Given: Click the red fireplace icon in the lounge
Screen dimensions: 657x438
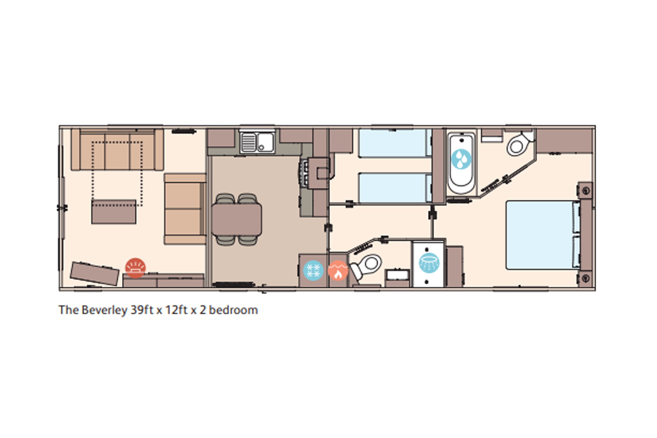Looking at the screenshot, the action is (x=136, y=268).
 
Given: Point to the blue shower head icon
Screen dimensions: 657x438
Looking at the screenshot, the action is (x=429, y=263).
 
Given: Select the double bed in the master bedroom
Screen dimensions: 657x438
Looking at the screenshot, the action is (x=543, y=235).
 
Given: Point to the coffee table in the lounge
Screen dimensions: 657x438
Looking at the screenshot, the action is (x=114, y=212).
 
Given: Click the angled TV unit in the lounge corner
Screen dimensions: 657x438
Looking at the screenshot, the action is (x=94, y=274).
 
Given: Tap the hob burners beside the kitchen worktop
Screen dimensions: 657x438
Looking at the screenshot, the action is (x=304, y=173).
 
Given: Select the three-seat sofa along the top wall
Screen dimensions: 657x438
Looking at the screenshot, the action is (x=117, y=149).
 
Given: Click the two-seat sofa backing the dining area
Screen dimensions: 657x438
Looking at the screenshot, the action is (x=185, y=209).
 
